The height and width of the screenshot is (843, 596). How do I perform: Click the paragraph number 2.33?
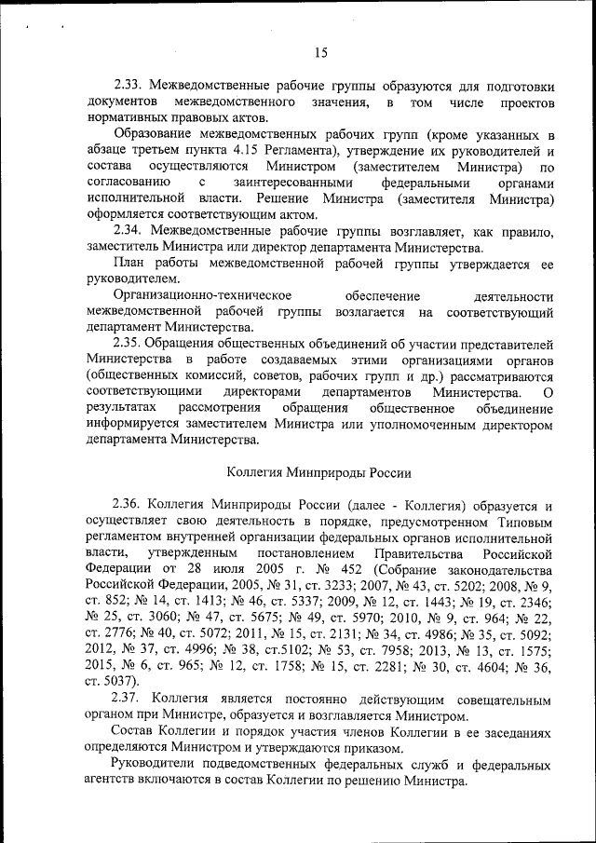(128, 84)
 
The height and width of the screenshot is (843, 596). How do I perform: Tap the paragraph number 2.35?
(128, 344)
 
